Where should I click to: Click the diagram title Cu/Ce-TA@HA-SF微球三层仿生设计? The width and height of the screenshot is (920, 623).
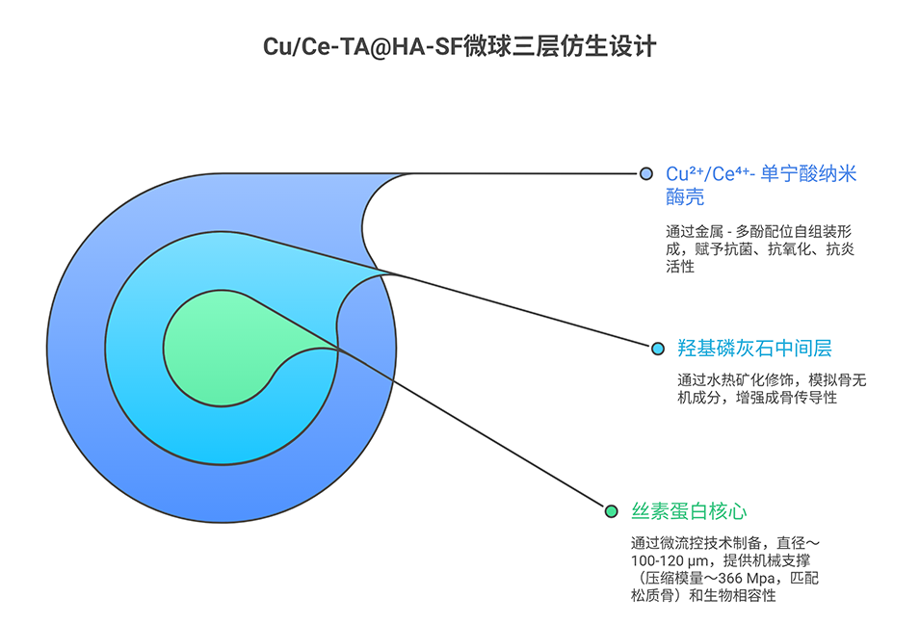pyautogui.click(x=460, y=45)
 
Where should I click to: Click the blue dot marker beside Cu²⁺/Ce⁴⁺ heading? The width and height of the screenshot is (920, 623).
pyautogui.click(x=645, y=173)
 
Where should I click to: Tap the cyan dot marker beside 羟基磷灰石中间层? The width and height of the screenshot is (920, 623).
pyautogui.click(x=658, y=348)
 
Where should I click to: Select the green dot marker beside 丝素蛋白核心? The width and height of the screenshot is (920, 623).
pyautogui.click(x=610, y=510)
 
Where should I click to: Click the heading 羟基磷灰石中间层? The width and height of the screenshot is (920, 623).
pyautogui.click(x=741, y=348)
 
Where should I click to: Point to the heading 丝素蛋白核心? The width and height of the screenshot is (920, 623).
pyautogui.click(x=689, y=510)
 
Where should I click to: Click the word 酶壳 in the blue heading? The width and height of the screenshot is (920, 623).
pyautogui.click(x=685, y=197)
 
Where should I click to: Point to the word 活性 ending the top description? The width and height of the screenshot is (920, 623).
pyautogui.click(x=679, y=266)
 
